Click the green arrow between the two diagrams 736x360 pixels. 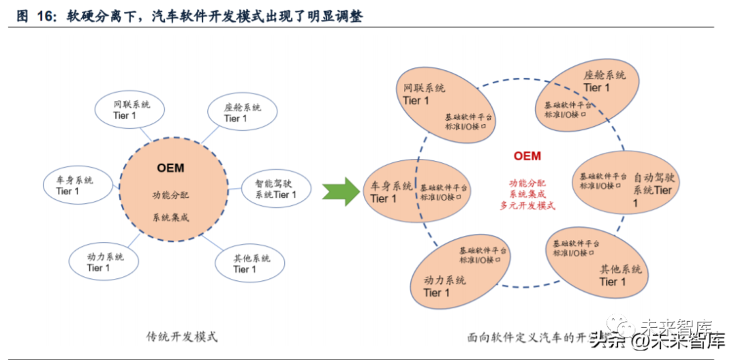click(x=341, y=191)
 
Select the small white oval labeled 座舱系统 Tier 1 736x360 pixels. click(x=241, y=112)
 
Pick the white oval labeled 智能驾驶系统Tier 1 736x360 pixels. click(x=276, y=189)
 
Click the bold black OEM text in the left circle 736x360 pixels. click(x=170, y=168)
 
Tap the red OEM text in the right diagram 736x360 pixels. click(x=527, y=156)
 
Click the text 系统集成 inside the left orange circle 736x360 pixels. click(x=170, y=218)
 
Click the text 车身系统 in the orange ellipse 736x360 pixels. click(x=391, y=186)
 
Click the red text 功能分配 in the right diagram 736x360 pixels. click(x=527, y=183)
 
